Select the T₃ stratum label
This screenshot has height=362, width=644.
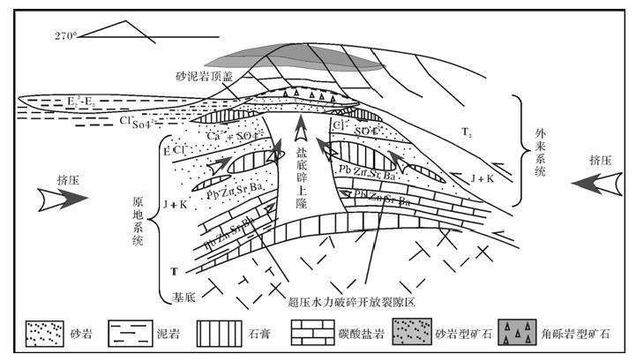pyautogui.click(x=467, y=132)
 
